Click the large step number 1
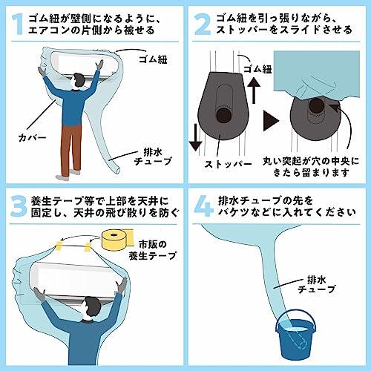click(18, 24)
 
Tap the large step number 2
click(203, 24)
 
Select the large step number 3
click(19, 206)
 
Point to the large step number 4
click(204, 206)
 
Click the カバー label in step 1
click(33, 137)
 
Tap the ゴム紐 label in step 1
click(153, 59)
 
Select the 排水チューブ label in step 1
click(153, 157)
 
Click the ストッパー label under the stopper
click(229, 164)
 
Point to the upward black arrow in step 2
click(254, 91)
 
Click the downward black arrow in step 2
click(195, 137)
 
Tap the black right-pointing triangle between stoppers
click(271, 121)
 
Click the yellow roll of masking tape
click(118, 240)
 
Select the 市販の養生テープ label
click(153, 250)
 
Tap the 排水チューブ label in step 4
click(317, 284)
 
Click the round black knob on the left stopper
click(223, 115)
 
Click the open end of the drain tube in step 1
click(117, 170)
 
